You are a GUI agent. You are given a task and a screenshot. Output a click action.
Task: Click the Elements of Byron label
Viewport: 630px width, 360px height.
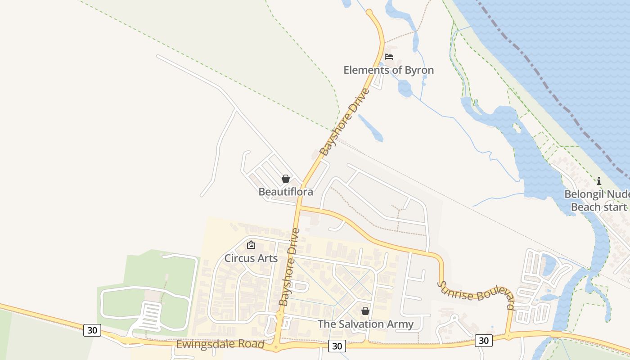pyautogui.click(x=388, y=70)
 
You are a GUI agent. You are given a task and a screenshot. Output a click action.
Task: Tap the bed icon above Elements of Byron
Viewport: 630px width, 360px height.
pyautogui.click(x=389, y=57)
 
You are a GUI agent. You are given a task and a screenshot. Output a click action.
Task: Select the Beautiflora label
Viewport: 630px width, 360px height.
pyautogui.click(x=285, y=192)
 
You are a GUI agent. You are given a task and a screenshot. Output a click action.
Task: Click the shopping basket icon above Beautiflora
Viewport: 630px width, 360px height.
pyautogui.click(x=285, y=179)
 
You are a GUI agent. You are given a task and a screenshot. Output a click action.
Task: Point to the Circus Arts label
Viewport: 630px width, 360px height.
pyautogui.click(x=251, y=258)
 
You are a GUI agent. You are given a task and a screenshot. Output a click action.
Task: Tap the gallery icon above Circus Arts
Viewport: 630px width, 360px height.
pyautogui.click(x=251, y=245)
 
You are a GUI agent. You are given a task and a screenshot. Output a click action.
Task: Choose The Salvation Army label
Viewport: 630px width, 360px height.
pyautogui.click(x=365, y=324)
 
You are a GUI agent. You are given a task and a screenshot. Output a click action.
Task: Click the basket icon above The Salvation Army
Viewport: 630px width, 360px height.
pyautogui.click(x=365, y=311)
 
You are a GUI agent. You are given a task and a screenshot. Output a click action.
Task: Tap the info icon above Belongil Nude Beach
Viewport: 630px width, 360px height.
pyautogui.click(x=599, y=181)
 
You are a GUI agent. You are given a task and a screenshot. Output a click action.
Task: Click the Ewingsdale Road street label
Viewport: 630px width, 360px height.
pyautogui.click(x=220, y=344)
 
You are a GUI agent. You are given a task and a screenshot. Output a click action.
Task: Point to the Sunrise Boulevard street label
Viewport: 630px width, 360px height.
pyautogui.click(x=476, y=295)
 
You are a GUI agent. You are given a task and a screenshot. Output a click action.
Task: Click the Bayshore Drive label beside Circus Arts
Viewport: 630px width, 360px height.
pyautogui.click(x=289, y=267)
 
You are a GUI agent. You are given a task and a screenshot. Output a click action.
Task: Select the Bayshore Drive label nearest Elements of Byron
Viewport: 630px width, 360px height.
pyautogui.click(x=345, y=122)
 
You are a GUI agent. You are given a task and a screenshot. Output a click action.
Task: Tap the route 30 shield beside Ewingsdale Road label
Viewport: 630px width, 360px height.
pyautogui.click(x=92, y=330)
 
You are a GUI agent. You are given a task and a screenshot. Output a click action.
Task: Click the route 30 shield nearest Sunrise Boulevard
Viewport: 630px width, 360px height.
pyautogui.click(x=484, y=341)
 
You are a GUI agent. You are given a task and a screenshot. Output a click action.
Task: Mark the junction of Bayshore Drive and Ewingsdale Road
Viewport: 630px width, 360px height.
pyautogui.click(x=277, y=347)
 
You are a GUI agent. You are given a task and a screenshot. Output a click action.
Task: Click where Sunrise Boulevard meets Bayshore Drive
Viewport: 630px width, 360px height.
pyautogui.click(x=299, y=207)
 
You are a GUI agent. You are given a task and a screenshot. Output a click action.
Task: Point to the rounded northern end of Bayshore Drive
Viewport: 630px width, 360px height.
pyautogui.click(x=369, y=12)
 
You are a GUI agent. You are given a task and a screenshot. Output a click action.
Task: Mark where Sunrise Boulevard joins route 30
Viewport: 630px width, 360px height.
pyautogui.click(x=508, y=336)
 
